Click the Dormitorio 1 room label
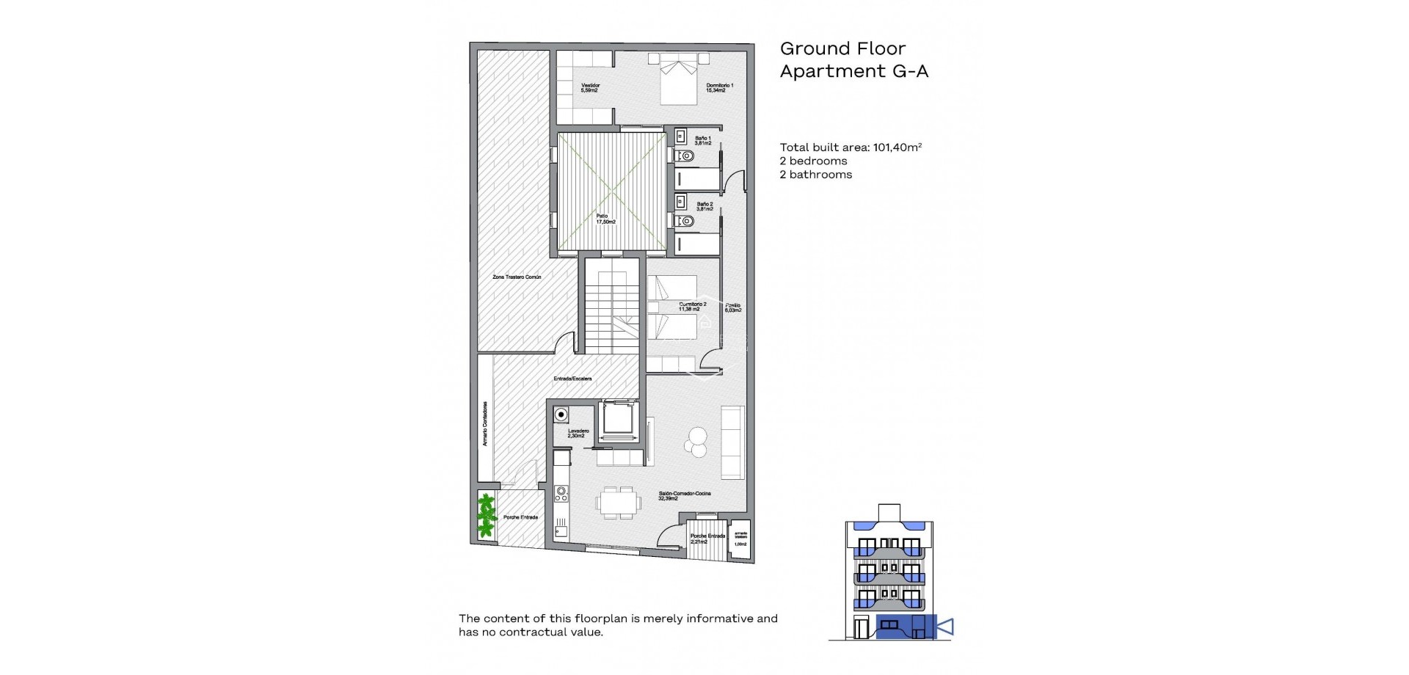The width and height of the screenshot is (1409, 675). [719, 88]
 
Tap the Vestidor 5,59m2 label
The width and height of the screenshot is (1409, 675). [590, 88]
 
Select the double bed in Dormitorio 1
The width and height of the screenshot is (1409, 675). [678, 79]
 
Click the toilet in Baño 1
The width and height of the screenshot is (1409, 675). [685, 156]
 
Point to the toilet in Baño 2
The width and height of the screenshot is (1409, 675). [685, 221]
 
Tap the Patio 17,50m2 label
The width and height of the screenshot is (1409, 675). [605, 219]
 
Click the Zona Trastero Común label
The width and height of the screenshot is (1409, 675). [517, 277]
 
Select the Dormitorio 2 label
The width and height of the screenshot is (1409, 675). [691, 307]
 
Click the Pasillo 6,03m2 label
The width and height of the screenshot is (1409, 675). [733, 307]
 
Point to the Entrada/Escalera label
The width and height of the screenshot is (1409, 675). [572, 379]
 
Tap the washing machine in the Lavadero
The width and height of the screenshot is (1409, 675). [561, 415]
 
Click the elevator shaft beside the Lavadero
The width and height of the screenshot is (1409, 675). [617, 420]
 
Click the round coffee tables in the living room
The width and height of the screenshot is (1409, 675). [696, 442]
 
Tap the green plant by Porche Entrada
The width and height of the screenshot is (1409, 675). [486, 515]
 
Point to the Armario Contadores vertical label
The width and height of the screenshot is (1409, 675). [485, 423]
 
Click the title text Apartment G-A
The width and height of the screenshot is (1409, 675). [853, 71]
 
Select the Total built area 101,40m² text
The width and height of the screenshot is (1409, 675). [851, 147]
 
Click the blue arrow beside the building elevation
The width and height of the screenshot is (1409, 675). [945, 627]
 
